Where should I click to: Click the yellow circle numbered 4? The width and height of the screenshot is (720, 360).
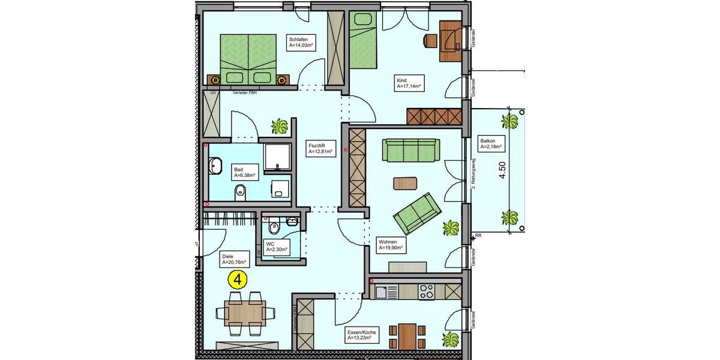(238, 279)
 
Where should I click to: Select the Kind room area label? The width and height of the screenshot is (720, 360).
(409, 83)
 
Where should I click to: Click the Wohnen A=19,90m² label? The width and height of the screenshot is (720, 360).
(390, 244)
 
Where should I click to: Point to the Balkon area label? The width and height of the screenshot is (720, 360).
(491, 143)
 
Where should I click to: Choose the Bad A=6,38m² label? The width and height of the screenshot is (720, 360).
(245, 172)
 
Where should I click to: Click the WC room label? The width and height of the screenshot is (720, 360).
(277, 247)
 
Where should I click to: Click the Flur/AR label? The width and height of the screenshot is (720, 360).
(320, 148)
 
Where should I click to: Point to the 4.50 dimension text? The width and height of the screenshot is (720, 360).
(503, 169)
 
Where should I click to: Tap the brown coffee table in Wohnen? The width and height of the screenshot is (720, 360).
(406, 182)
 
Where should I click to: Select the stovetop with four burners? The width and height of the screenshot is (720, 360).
(427, 292)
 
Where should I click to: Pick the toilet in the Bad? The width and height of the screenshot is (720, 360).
(240, 192)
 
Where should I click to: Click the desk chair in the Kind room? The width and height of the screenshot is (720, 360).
(430, 40)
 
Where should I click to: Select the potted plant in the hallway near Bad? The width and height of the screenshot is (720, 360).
(280, 126)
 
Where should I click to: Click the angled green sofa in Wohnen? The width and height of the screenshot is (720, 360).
(416, 213)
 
